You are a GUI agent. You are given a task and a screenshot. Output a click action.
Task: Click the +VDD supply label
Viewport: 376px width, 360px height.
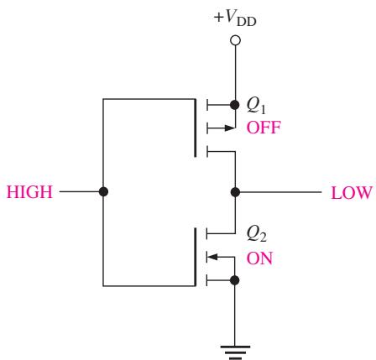click(235, 18)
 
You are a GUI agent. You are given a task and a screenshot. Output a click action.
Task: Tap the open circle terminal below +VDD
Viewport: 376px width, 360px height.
click(235, 40)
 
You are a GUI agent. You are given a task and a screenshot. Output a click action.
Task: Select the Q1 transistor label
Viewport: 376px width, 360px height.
click(256, 106)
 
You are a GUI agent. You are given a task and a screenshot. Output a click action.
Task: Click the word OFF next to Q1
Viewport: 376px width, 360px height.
click(264, 128)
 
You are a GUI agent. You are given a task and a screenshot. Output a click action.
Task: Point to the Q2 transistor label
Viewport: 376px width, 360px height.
click(256, 233)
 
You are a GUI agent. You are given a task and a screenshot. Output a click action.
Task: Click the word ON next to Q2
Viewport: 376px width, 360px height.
click(259, 258)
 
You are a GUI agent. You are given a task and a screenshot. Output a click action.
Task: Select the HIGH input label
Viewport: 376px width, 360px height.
click(29, 192)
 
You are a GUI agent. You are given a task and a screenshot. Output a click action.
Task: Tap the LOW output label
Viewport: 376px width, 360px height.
click(352, 193)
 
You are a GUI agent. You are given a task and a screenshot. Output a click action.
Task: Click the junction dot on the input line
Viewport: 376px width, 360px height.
click(103, 191)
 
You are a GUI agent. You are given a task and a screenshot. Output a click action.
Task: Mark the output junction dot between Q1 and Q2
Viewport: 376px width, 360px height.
click(235, 192)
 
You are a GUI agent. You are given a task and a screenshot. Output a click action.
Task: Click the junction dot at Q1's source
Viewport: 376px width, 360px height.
click(235, 105)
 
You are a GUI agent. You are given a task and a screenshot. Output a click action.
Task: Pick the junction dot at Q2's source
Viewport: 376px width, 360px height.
click(234, 280)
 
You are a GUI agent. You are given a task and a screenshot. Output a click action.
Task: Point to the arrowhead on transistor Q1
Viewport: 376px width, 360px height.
click(229, 128)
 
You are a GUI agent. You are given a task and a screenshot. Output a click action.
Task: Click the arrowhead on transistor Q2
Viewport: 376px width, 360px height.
click(212, 257)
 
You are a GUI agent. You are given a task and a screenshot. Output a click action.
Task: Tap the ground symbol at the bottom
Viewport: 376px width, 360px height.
click(235, 352)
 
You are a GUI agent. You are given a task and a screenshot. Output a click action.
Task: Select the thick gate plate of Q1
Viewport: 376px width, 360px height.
click(195, 128)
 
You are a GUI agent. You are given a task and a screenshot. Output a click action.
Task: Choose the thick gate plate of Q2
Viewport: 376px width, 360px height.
click(195, 257)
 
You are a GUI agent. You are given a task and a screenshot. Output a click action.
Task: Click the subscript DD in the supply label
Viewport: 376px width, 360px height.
click(247, 22)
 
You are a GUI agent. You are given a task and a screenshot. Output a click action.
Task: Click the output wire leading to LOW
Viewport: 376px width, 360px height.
click(279, 192)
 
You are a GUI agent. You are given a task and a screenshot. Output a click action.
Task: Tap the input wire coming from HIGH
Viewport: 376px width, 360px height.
click(81, 191)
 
